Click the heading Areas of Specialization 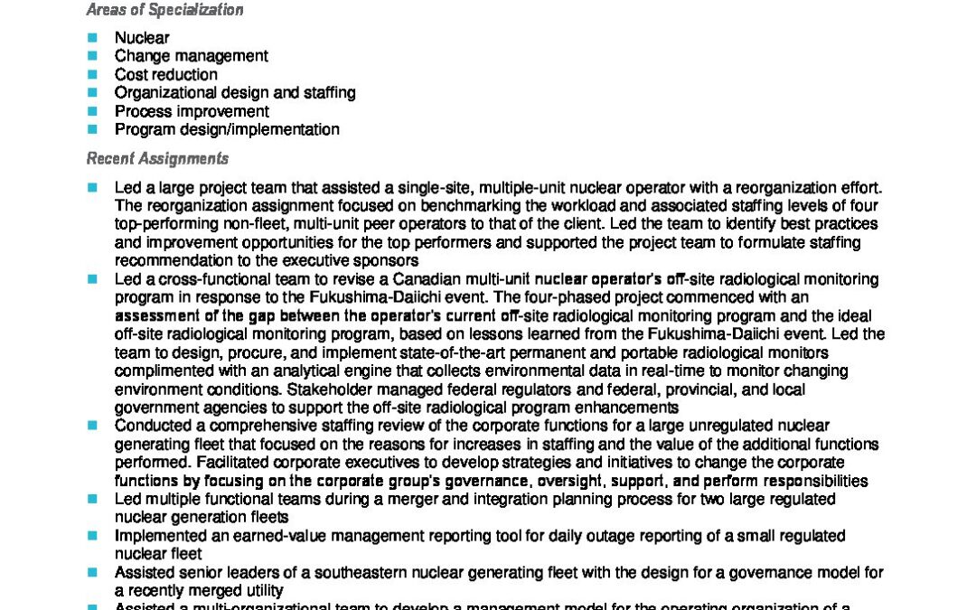[164, 11]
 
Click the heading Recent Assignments [157, 159]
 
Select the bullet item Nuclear [142, 38]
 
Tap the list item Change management [191, 56]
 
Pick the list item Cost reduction [165, 74]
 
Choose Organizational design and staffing [235, 92]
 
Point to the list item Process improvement [192, 111]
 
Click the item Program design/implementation [227, 129]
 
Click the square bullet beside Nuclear [92, 37]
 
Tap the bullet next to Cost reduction [92, 74]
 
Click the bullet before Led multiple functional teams [92, 499]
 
